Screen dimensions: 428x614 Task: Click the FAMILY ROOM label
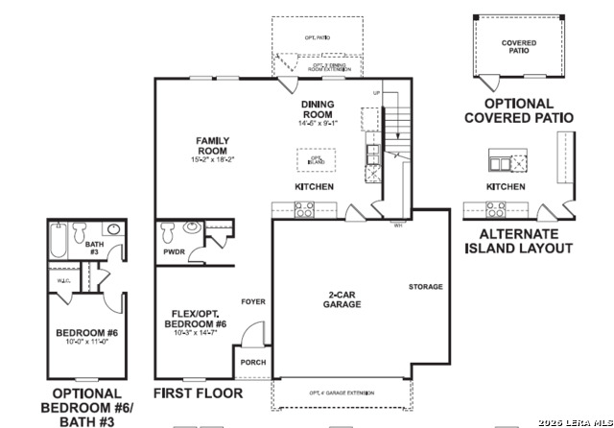click(212, 145)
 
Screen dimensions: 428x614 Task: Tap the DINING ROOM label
click(317, 109)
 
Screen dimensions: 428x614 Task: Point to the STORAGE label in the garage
click(426, 287)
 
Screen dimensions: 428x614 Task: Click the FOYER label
click(253, 302)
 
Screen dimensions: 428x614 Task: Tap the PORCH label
click(253, 363)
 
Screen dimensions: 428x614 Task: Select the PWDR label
click(174, 253)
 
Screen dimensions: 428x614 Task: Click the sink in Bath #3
click(112, 230)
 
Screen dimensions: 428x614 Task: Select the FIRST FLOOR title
click(199, 393)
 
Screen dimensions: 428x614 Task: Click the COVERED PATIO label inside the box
click(519, 47)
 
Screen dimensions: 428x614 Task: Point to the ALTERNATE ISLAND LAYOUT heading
click(519, 241)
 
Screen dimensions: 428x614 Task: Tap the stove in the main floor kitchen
click(303, 208)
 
